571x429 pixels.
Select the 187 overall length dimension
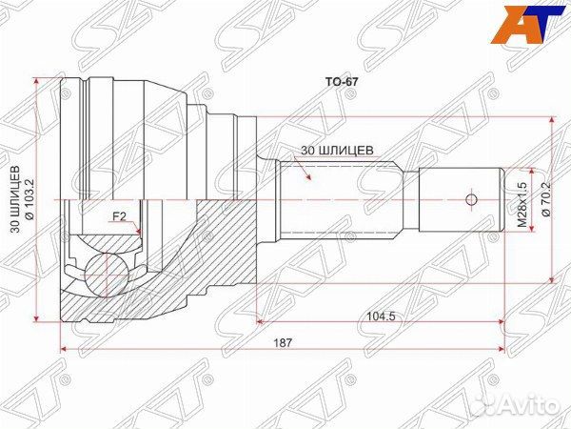pyautogui.click(x=284, y=342)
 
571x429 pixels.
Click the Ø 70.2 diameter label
pyautogui.click(x=546, y=199)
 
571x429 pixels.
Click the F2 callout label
pyautogui.click(x=120, y=216)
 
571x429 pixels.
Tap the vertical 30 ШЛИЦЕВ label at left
pyautogui.click(x=15, y=199)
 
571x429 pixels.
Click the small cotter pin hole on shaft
pyautogui.click(x=469, y=199)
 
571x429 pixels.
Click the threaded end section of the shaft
pyautogui.click(x=461, y=199)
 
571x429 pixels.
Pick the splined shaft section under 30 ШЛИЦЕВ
pyautogui.click(x=338, y=198)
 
